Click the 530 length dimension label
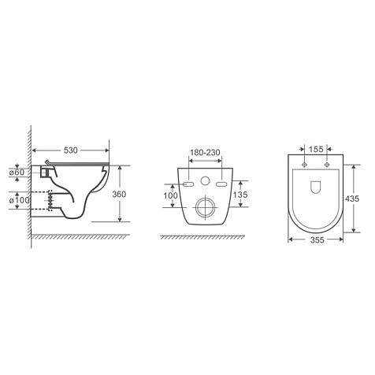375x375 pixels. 71,150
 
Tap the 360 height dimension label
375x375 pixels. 119,195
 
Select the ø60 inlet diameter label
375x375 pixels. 17,173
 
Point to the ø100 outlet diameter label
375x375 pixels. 19,200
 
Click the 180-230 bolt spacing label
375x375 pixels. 205,153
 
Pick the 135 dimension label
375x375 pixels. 240,195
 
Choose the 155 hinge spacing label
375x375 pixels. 316,150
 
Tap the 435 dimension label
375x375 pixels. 352,199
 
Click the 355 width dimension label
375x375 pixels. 317,240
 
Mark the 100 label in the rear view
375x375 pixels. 171,195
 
